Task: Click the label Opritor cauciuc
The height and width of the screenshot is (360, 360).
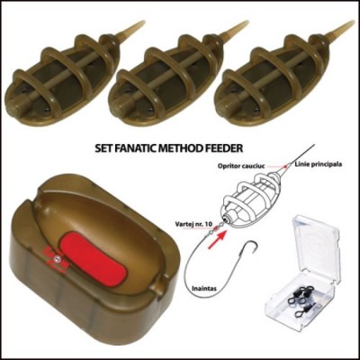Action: click(x=245, y=166)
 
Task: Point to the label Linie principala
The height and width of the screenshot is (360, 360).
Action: click(x=319, y=164)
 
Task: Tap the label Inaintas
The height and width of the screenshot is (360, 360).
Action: click(x=204, y=289)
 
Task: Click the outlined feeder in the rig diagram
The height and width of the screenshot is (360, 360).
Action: click(x=251, y=201)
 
